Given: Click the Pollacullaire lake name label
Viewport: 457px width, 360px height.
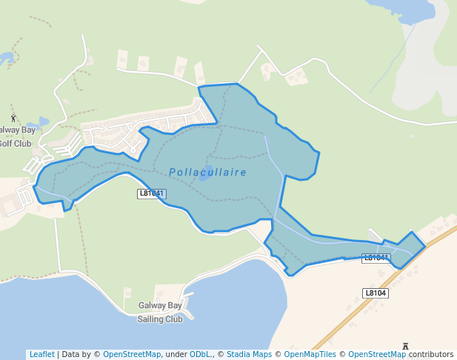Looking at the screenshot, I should [x=207, y=172].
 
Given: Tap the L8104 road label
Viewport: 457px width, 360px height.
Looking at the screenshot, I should [x=376, y=293].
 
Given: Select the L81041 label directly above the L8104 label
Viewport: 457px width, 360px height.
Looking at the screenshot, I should [x=376, y=258].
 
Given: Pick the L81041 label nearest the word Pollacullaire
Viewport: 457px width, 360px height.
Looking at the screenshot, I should [x=152, y=193].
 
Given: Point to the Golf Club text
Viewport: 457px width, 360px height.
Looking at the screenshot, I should [x=15, y=143].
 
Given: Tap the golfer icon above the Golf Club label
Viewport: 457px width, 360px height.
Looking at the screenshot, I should [x=13, y=118].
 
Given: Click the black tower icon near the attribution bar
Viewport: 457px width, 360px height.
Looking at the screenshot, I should [x=405, y=346].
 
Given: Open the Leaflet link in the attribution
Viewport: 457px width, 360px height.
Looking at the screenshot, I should [x=41, y=354].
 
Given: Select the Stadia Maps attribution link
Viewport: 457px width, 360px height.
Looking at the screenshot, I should [x=249, y=354].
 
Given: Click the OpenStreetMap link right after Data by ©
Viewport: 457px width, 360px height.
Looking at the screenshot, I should [x=131, y=354].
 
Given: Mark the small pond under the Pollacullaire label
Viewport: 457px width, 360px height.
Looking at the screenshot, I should [x=204, y=179].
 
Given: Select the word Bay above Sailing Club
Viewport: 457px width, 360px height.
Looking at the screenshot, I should [x=174, y=305].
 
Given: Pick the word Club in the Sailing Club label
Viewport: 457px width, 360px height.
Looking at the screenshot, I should [x=173, y=319].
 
